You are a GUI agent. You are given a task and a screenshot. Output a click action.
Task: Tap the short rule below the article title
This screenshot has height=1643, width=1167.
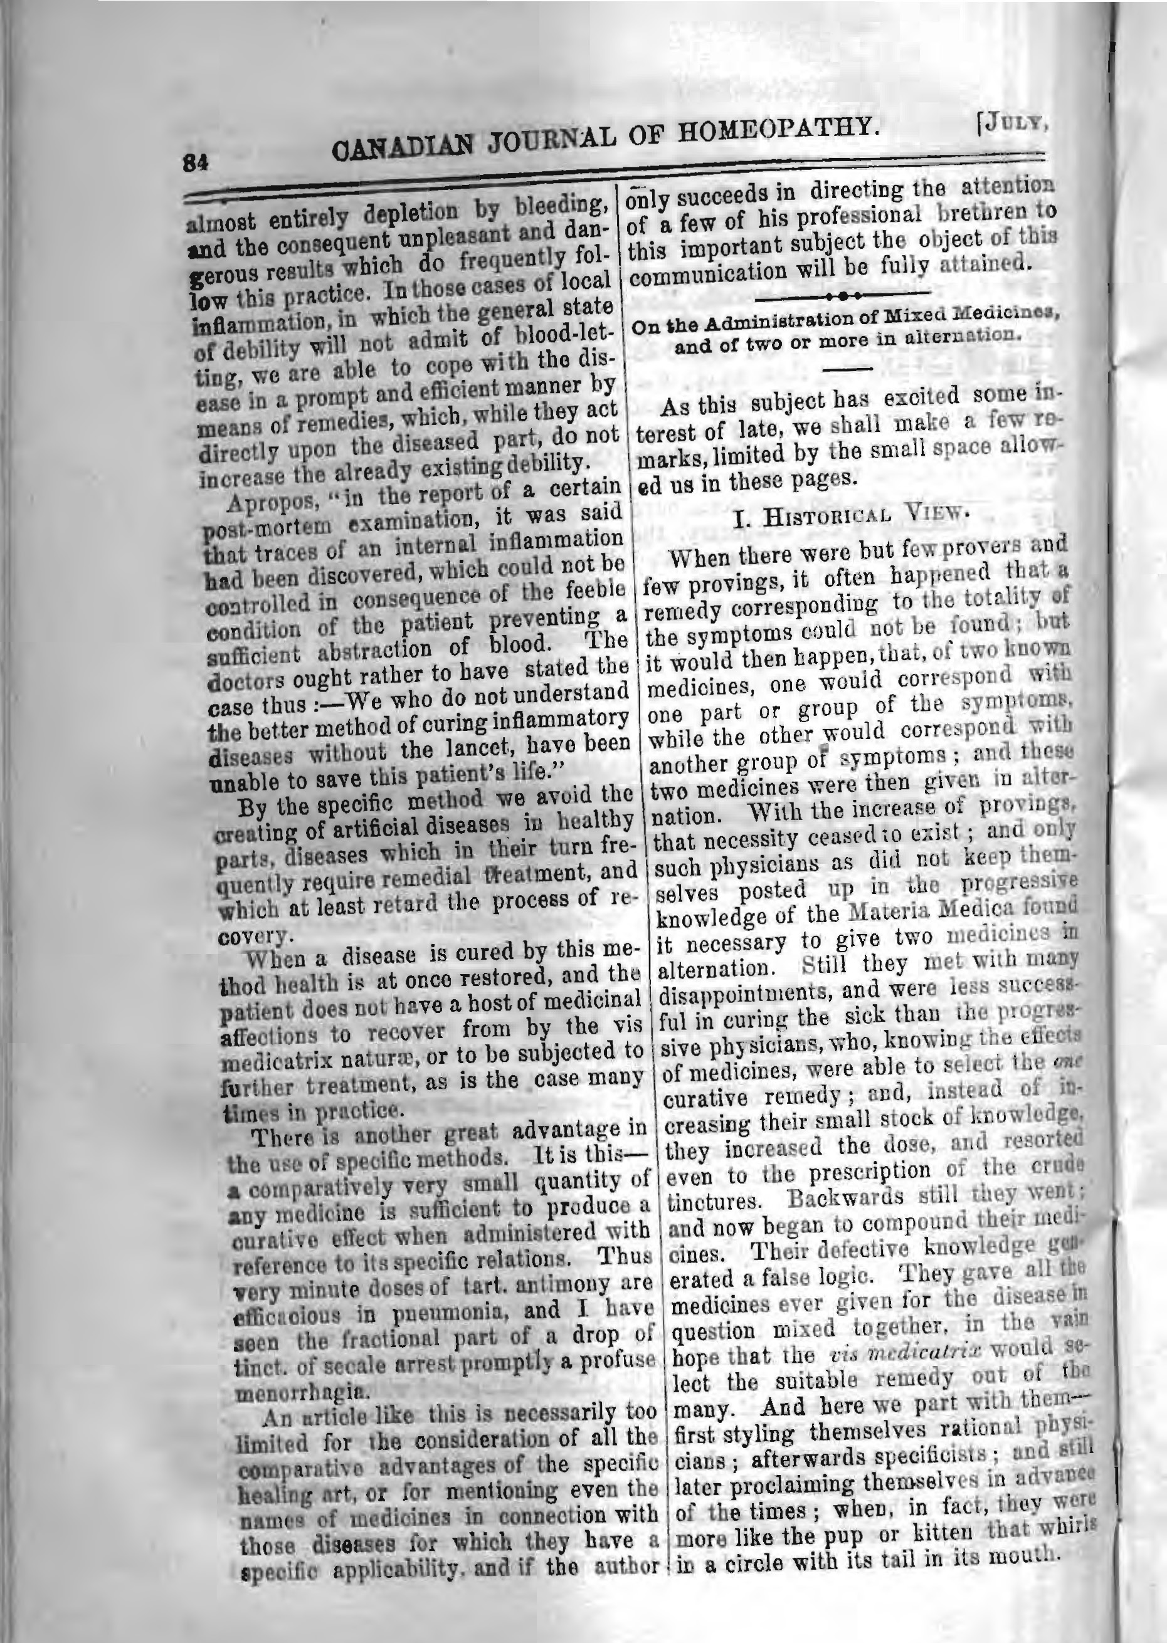tap(853, 369)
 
